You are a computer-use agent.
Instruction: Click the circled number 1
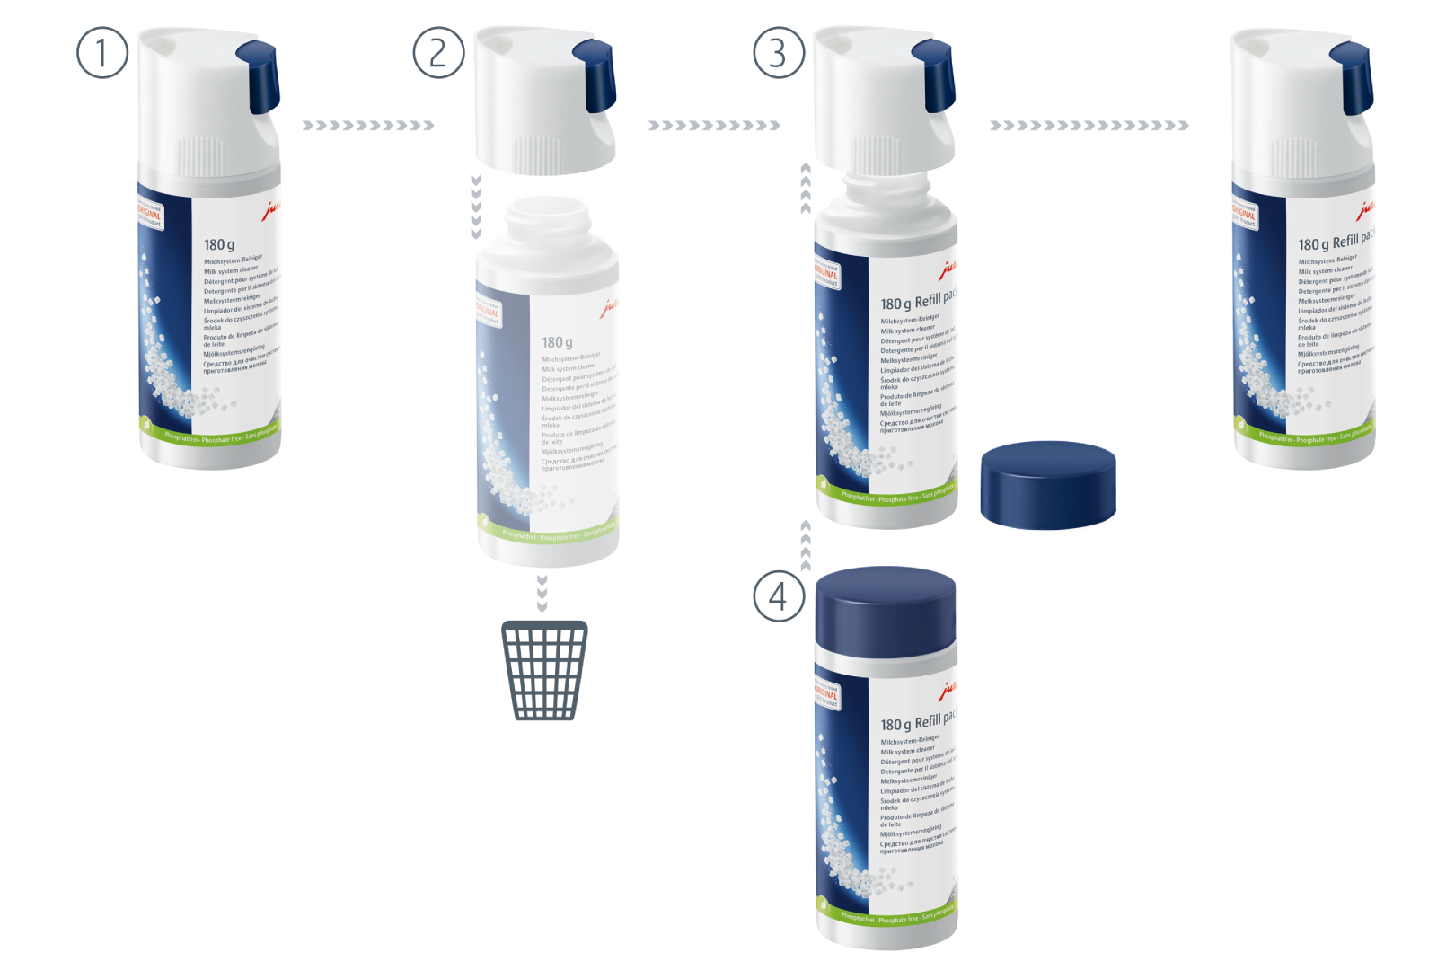pos(102,53)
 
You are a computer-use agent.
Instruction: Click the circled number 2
pos(438,53)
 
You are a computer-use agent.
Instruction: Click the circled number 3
pos(778,53)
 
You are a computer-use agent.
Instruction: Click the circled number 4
pos(778,596)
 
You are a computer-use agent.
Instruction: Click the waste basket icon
pos(544,670)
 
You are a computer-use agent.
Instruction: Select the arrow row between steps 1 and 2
pos(368,126)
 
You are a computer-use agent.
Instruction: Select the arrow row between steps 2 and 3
pos(714,126)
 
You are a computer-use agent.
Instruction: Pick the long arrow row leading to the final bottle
pos(1089,126)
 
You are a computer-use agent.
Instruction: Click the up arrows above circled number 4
pos(806,545)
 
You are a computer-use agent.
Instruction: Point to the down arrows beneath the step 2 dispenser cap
pos(476,207)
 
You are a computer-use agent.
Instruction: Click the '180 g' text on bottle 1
pos(219,244)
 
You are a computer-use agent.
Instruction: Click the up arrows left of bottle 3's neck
pos(806,189)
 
